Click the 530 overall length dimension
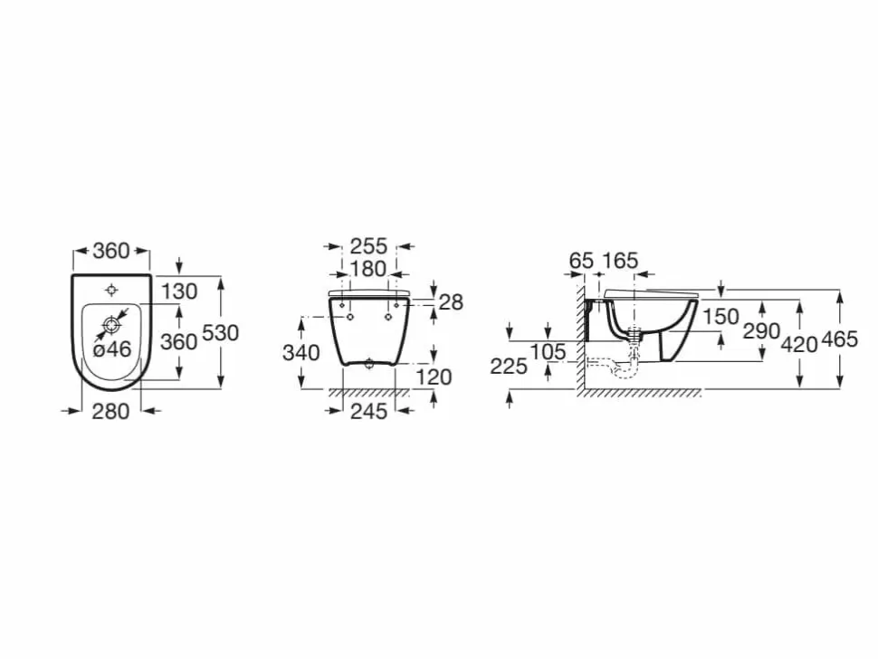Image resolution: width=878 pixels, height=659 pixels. coord(220,333)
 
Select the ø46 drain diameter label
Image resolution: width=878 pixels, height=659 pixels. coord(112,350)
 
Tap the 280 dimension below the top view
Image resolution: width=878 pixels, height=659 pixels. coord(110,412)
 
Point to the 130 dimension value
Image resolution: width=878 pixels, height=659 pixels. coord(179,291)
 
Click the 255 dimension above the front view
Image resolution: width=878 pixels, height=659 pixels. coord(368,246)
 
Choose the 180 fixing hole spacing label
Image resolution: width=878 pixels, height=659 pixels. coord(367,269)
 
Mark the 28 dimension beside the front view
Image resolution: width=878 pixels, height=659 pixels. coord(451,302)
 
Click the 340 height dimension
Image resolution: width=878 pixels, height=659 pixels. coord(301,353)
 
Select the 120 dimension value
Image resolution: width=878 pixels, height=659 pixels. coord(434,377)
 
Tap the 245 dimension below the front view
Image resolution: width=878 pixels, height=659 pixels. coord(369,412)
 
